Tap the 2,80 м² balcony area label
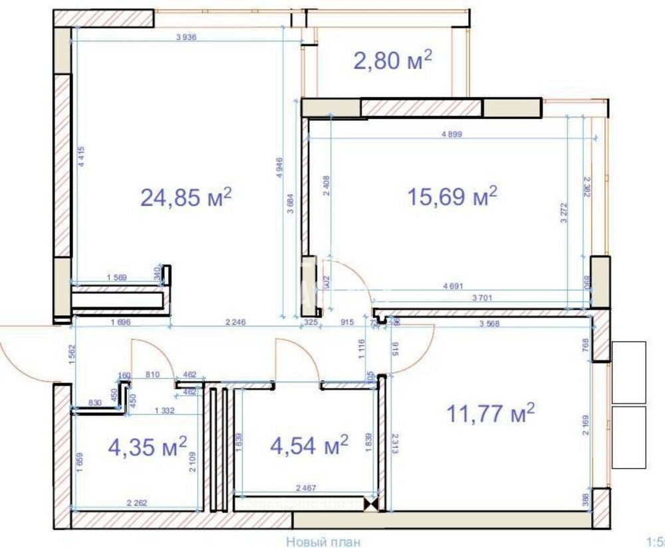pos(392,61)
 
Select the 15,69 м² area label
pos(452,196)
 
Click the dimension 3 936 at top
pos(187,37)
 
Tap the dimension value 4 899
pos(451,134)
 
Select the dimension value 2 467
pos(307,488)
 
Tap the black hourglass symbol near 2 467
pos(370,505)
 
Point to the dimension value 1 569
pos(117,278)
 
